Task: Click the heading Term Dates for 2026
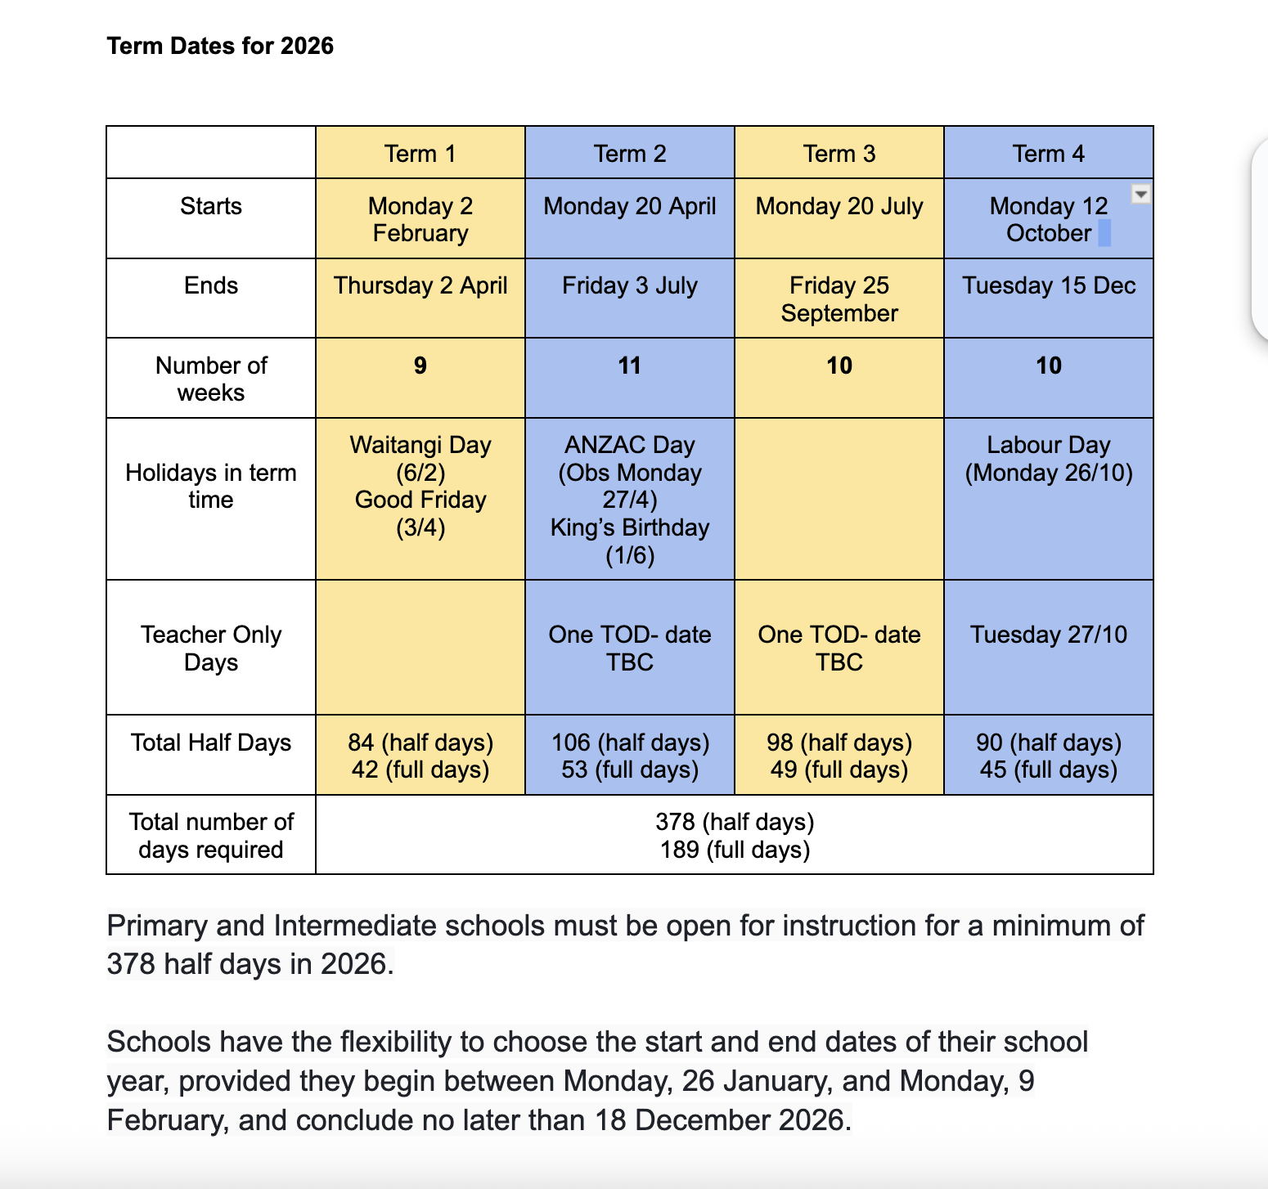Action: [x=220, y=46]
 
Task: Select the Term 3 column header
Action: [x=839, y=154]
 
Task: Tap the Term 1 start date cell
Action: [x=420, y=219]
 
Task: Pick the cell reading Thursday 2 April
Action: [x=420, y=285]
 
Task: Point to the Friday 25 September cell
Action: [x=839, y=299]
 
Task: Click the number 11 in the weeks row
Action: [x=629, y=366]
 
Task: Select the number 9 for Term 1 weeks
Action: [x=420, y=366]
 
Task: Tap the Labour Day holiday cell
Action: [x=1048, y=459]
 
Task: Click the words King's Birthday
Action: [x=629, y=527]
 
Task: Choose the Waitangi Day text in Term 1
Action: [x=420, y=445]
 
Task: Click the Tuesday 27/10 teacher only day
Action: [x=1048, y=635]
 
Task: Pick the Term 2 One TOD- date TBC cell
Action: [x=629, y=648]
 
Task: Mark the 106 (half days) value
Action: [x=630, y=743]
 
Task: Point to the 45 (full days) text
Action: [x=1048, y=769]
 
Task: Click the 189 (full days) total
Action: [x=735, y=850]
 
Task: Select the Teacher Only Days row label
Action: [x=211, y=648]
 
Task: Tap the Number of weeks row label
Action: [x=211, y=379]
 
